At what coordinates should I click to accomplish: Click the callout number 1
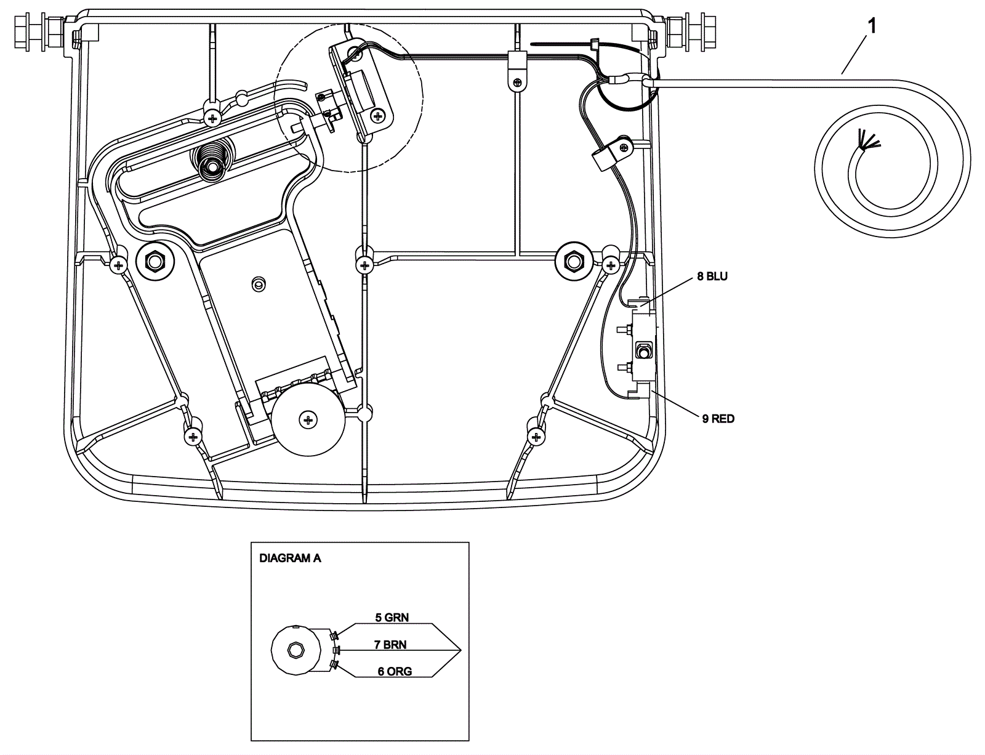(871, 26)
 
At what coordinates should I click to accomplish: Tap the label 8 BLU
(712, 277)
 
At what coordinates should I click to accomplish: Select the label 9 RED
(718, 419)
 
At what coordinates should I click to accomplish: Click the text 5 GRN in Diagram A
(392, 618)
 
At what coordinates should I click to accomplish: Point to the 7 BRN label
(390, 645)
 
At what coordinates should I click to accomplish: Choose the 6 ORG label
(395, 672)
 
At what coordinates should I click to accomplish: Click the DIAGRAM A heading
(290, 558)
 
